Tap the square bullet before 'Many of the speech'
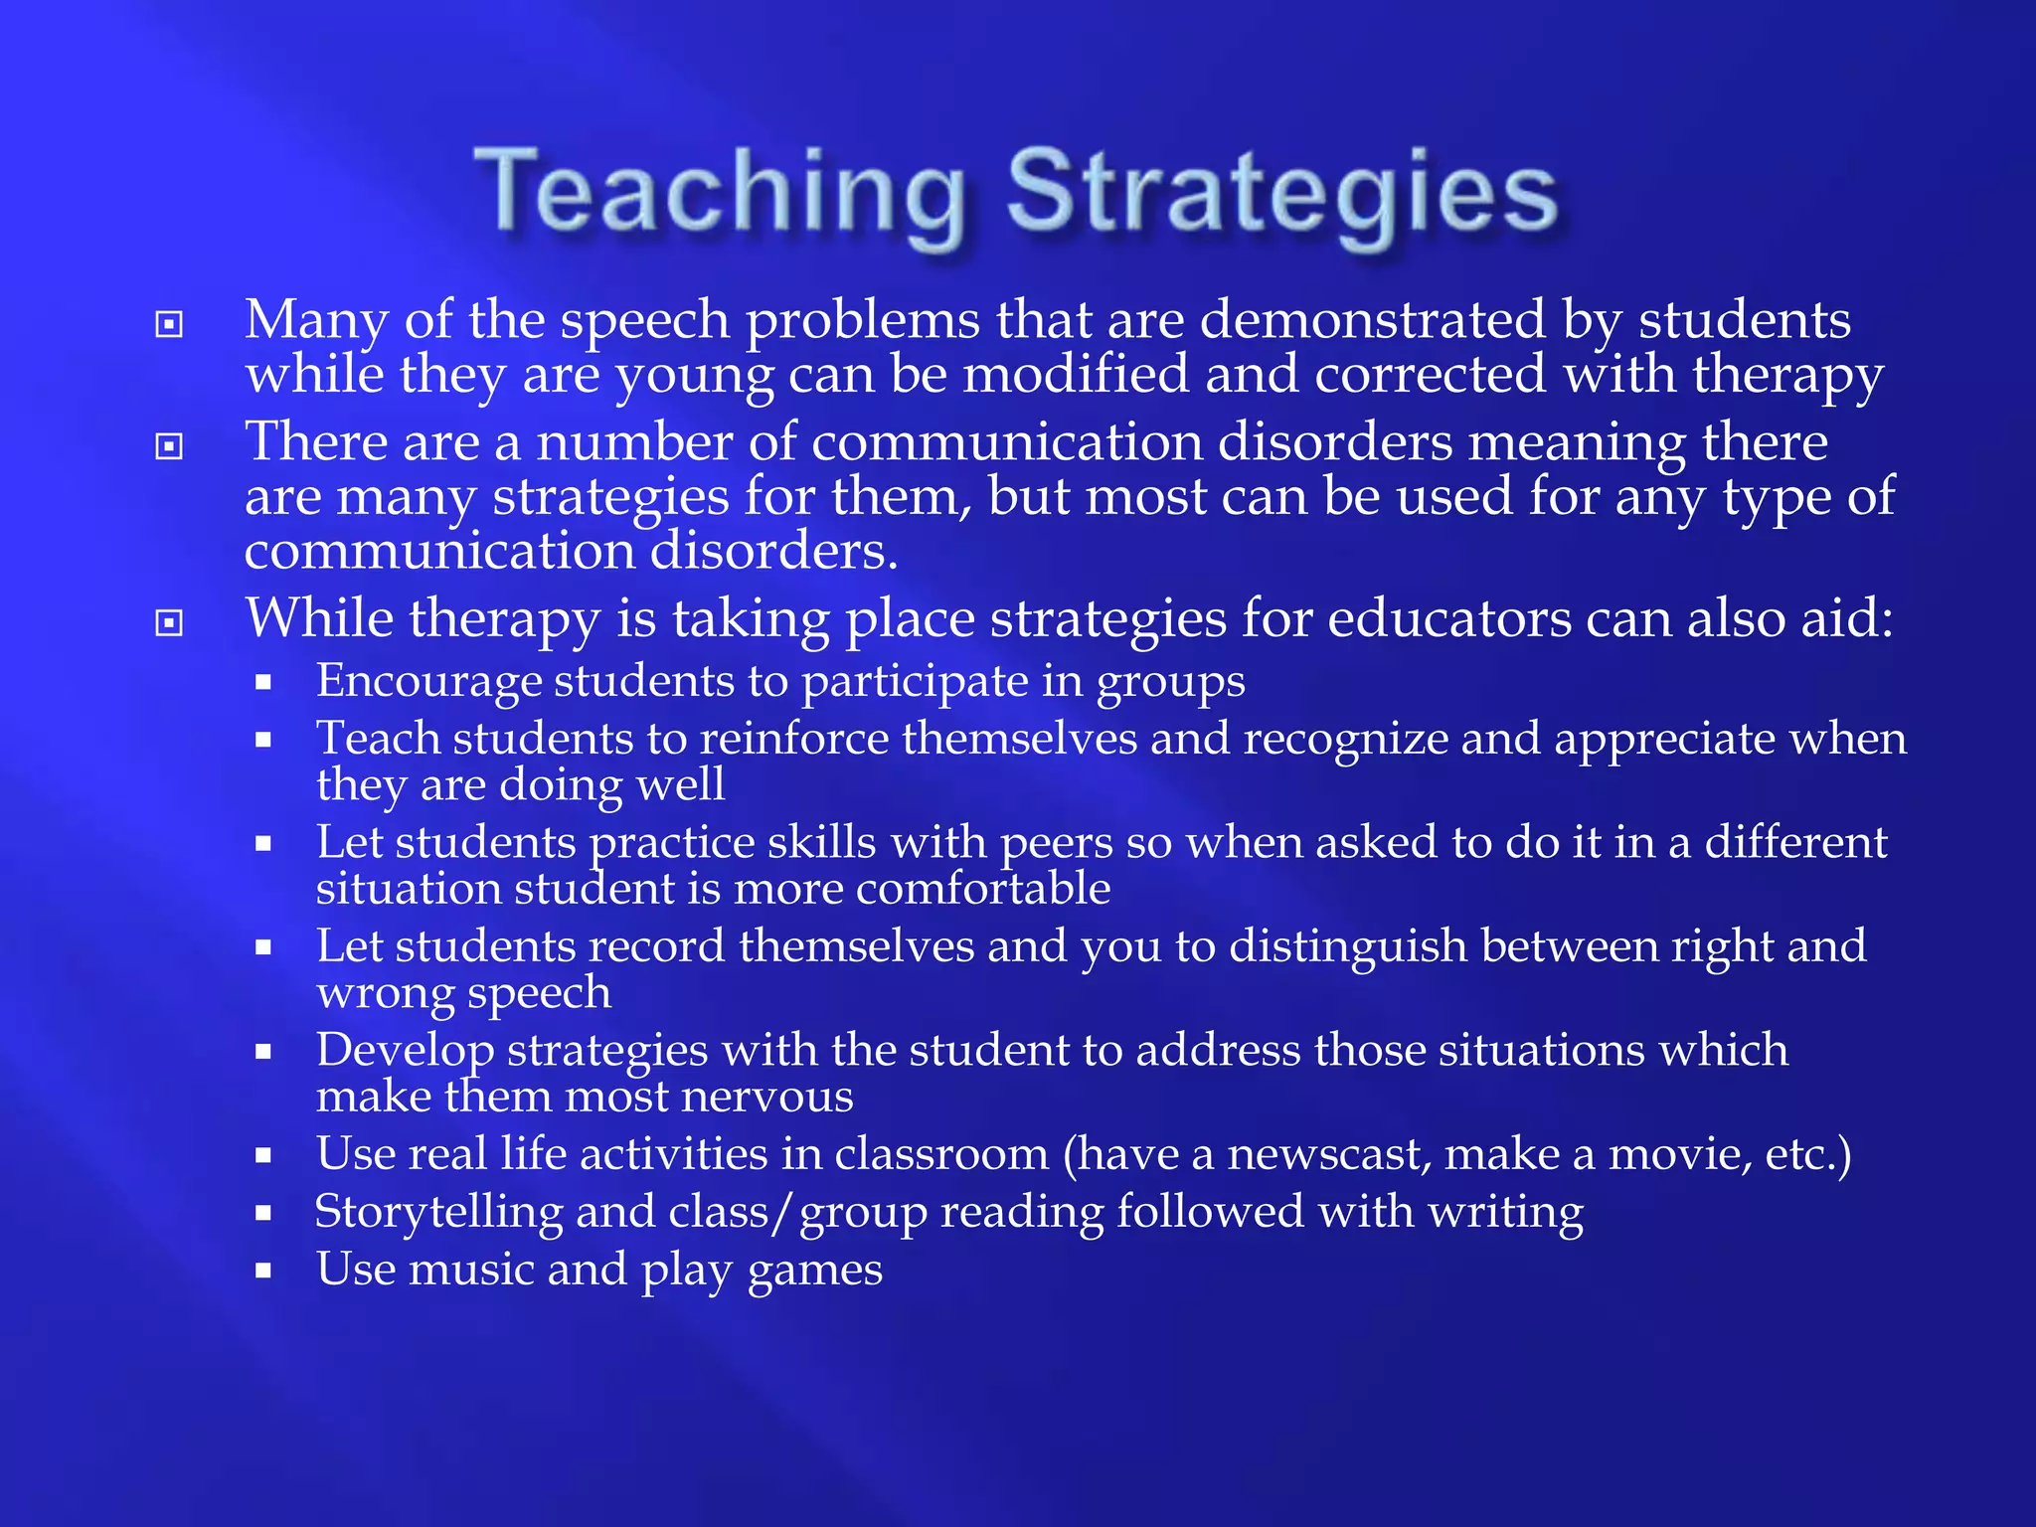click(170, 324)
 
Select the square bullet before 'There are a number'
click(170, 446)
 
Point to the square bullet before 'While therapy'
click(170, 622)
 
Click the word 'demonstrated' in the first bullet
click(1373, 320)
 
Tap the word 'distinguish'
click(1348, 946)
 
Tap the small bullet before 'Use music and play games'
click(263, 1271)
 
